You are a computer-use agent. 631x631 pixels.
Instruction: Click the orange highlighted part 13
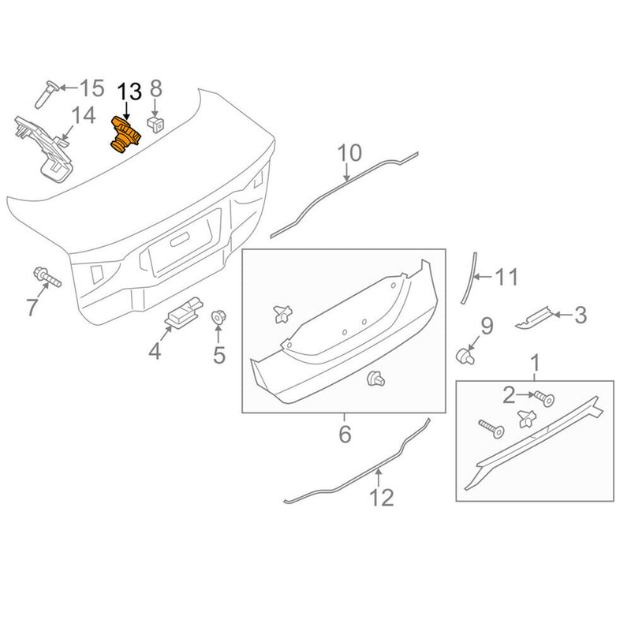pyautogui.click(x=124, y=136)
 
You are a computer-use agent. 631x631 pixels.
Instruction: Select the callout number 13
pyautogui.click(x=129, y=91)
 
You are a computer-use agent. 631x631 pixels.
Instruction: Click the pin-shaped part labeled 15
pyautogui.click(x=43, y=92)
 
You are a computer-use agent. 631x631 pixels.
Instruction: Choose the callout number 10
pyautogui.click(x=349, y=152)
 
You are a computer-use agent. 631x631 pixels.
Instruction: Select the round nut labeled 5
pyautogui.click(x=218, y=319)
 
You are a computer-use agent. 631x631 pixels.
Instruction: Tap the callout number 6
pyautogui.click(x=345, y=433)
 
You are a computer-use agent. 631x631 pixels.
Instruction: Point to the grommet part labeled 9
pyautogui.click(x=465, y=354)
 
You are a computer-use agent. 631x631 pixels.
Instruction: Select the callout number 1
pyautogui.click(x=536, y=364)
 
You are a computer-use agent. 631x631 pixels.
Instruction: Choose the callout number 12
pyautogui.click(x=381, y=498)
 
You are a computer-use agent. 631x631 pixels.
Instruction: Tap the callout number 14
pyautogui.click(x=82, y=117)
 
